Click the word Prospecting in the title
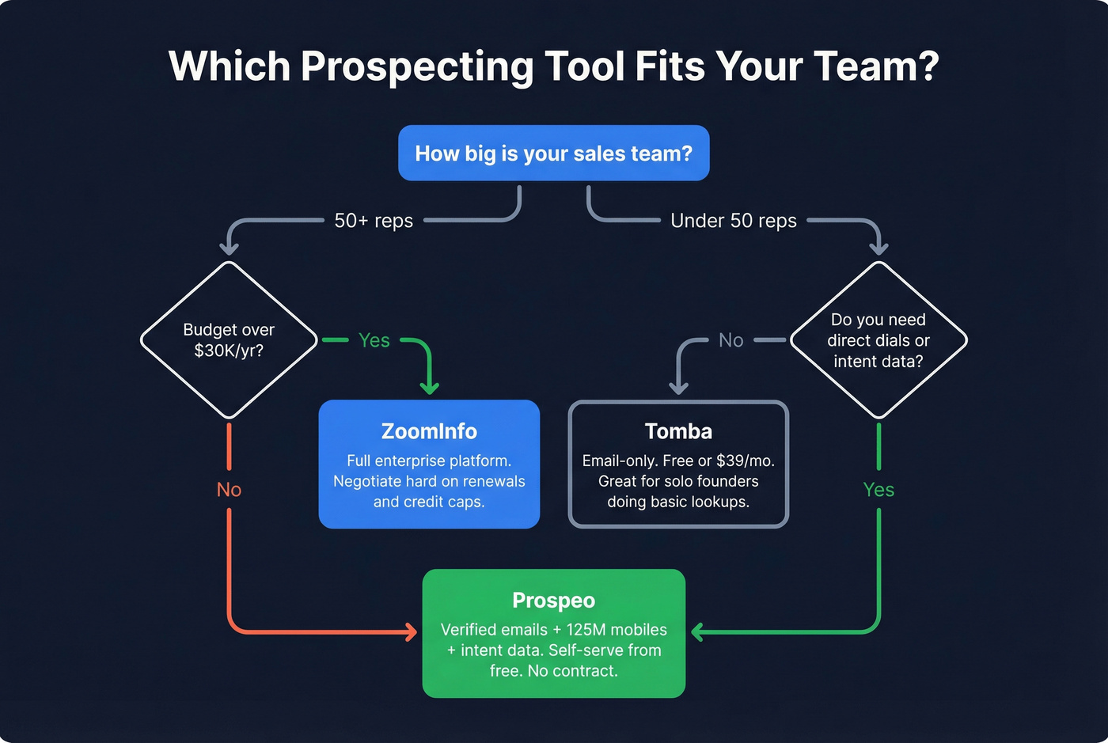tap(417, 66)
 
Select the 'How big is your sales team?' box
tap(553, 153)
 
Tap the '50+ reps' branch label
tap(374, 221)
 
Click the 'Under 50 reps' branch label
tap(733, 221)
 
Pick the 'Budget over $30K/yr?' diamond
tap(229, 340)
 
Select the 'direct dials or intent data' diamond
tap(878, 340)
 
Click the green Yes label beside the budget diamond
tap(374, 340)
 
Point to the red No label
tap(229, 490)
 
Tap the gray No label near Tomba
tap(730, 340)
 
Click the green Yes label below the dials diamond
tap(878, 490)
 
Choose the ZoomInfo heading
tap(429, 431)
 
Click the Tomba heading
tap(678, 431)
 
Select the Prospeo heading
tap(553, 601)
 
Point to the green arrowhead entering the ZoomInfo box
tap(429, 388)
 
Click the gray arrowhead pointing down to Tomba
tap(678, 387)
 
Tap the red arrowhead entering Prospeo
tap(411, 631)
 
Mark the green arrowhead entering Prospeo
tap(697, 631)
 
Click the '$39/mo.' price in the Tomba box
tap(745, 461)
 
